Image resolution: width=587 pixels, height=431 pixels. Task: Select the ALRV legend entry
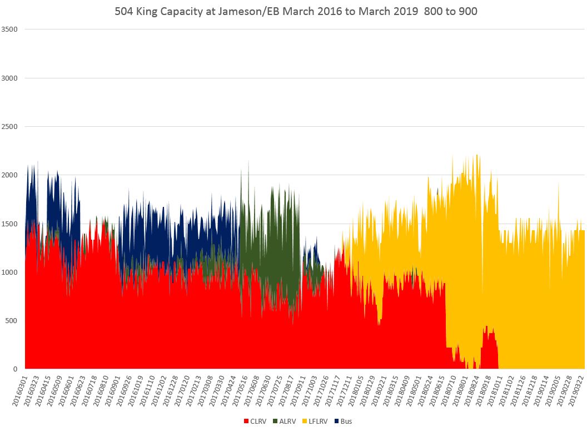(286, 421)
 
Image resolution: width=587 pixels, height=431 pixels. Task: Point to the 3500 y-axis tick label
(11, 29)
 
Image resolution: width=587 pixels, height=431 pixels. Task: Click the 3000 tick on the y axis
(11, 78)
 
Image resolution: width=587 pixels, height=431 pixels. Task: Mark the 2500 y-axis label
(11, 126)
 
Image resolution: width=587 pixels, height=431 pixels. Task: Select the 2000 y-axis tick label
(11, 175)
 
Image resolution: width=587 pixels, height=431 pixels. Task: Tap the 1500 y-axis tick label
(11, 224)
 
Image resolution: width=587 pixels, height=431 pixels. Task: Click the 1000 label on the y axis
(11, 272)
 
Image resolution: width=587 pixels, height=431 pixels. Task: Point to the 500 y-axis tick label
(13, 320)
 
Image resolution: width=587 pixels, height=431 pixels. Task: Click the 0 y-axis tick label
(17, 369)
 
